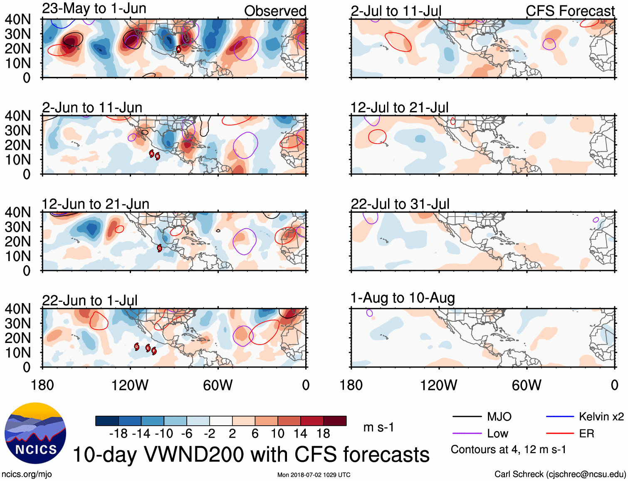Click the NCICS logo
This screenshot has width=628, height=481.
click(35, 433)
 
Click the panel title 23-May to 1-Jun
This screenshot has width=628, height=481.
click(94, 9)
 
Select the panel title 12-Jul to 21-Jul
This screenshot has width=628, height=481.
click(399, 108)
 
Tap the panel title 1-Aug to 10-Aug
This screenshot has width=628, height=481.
click(403, 298)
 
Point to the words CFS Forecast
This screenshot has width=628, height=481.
click(570, 11)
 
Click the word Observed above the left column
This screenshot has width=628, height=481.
click(275, 11)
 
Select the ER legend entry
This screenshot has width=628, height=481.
click(586, 434)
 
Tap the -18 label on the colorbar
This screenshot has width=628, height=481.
click(119, 434)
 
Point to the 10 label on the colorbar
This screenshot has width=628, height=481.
click(277, 434)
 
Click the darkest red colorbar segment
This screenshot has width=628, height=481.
click(335, 421)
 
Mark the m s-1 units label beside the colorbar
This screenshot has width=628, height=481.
click(378, 427)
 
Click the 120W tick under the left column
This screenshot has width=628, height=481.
click(130, 385)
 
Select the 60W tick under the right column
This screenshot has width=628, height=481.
click(527, 385)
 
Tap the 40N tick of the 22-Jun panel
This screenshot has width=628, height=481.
click(17, 309)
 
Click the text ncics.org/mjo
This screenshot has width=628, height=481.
click(27, 474)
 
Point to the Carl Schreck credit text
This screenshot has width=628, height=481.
click(560, 474)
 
